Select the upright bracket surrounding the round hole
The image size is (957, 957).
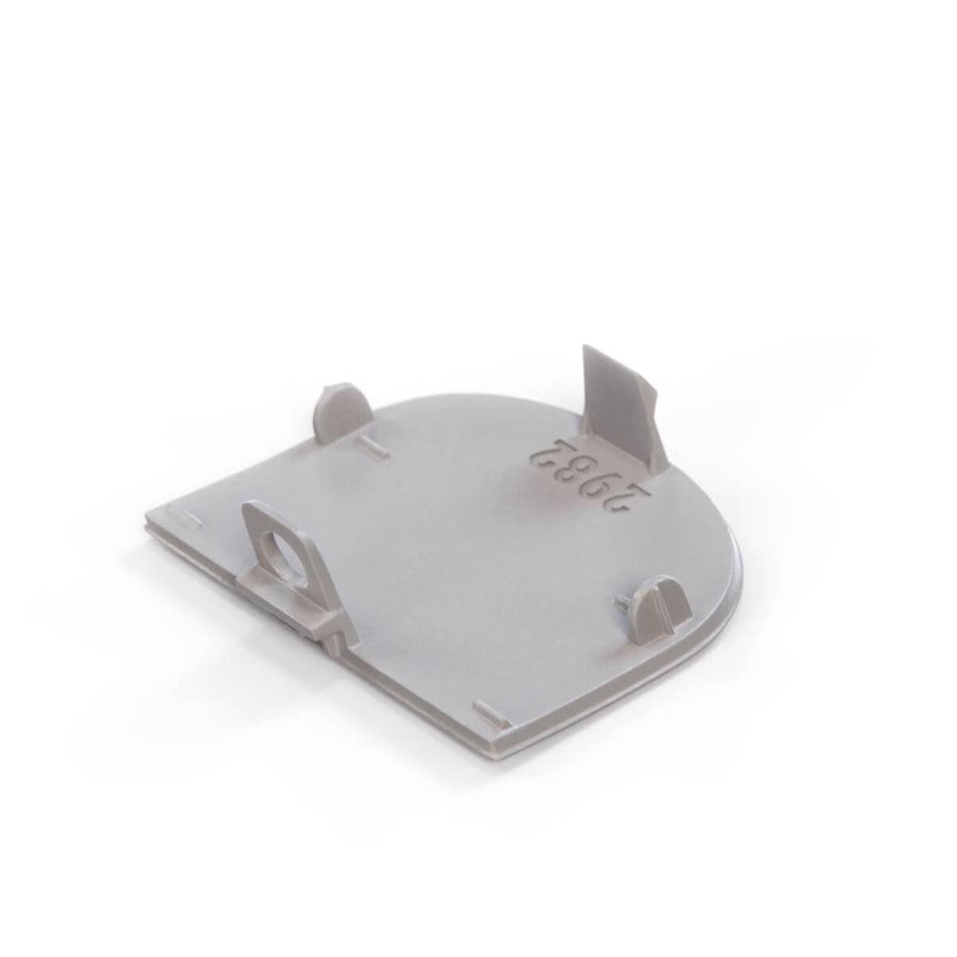click(x=287, y=550)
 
